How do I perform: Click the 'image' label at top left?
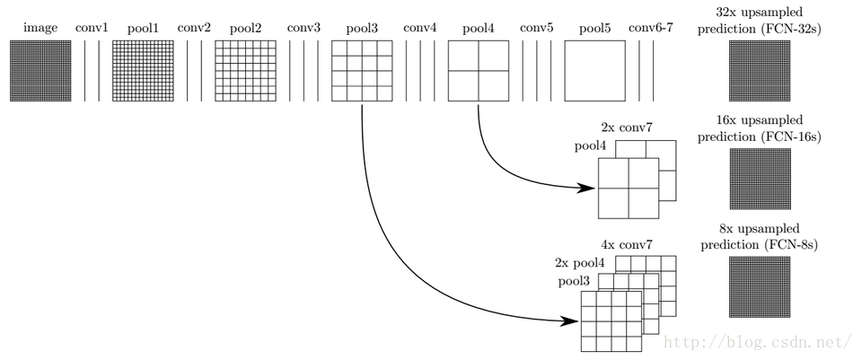click(40, 29)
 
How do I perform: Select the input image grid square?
click(40, 71)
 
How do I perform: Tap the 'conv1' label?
click(92, 28)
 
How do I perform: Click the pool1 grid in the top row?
click(143, 71)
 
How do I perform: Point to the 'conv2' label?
click(194, 28)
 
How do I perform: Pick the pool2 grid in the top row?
click(245, 71)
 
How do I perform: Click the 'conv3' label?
click(303, 28)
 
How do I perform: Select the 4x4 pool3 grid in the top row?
click(362, 71)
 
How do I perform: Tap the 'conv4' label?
click(420, 28)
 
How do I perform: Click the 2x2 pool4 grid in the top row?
click(479, 71)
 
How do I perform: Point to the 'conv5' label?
click(537, 28)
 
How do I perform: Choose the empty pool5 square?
click(594, 71)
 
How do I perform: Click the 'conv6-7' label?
click(650, 28)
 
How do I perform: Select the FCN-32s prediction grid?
click(760, 71)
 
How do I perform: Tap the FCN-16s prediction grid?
click(760, 179)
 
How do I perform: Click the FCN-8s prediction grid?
click(760, 287)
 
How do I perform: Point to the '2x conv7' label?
click(627, 128)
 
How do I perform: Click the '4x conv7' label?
click(627, 243)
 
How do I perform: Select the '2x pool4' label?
click(580, 263)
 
